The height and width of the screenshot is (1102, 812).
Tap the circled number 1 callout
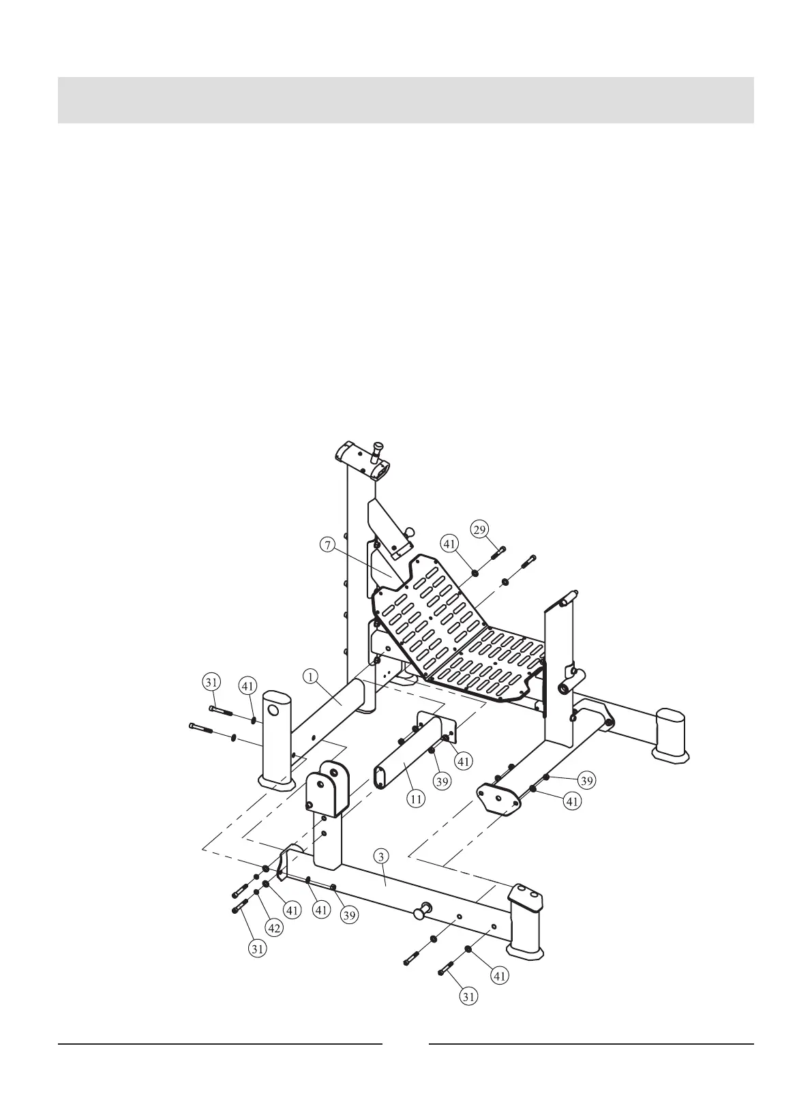pos(310,676)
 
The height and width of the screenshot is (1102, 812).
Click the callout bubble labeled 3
pos(382,857)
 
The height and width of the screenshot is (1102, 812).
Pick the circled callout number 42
pos(274,927)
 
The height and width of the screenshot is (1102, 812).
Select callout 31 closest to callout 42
pos(257,947)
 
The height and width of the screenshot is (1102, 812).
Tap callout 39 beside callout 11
pos(442,781)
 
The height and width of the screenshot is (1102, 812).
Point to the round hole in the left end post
pos(273,711)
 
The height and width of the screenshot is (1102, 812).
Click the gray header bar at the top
pos(406,100)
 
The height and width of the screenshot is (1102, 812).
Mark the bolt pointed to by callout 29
pos(496,552)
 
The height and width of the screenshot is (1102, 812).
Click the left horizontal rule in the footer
pos(220,1044)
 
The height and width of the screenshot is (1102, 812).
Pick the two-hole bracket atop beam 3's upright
pos(326,788)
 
